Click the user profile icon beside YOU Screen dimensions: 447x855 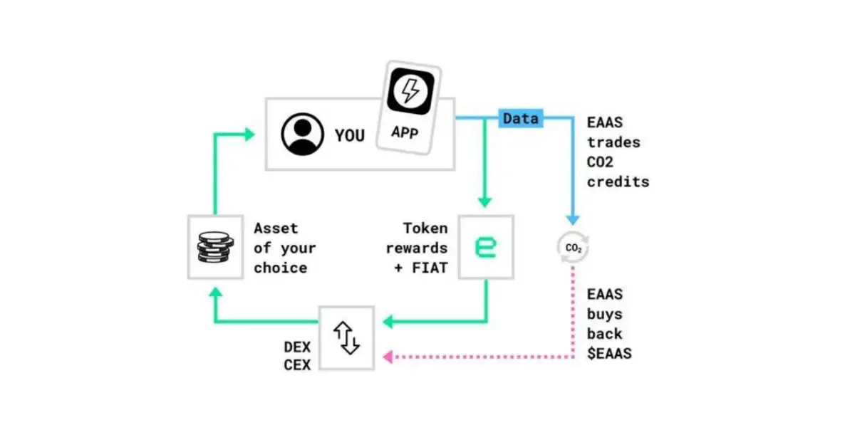click(302, 134)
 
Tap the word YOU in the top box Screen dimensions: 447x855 click(349, 135)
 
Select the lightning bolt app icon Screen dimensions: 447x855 click(410, 91)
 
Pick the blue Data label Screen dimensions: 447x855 click(520, 118)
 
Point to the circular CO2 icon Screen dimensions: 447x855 click(573, 248)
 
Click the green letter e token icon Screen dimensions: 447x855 click(486, 247)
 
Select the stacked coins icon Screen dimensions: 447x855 click(214, 247)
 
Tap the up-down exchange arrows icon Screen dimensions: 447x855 click(347, 338)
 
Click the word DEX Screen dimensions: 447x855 click(298, 347)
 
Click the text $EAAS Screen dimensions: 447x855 click(609, 353)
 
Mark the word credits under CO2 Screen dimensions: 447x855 click(618, 182)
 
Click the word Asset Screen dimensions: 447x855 click(276, 228)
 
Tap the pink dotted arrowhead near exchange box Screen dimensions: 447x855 click(388, 357)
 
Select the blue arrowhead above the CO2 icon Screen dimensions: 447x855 click(573, 220)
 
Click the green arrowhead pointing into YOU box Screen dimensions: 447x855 click(249, 134)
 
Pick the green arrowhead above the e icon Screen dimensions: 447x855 click(486, 201)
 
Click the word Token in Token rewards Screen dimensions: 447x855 click(425, 228)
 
